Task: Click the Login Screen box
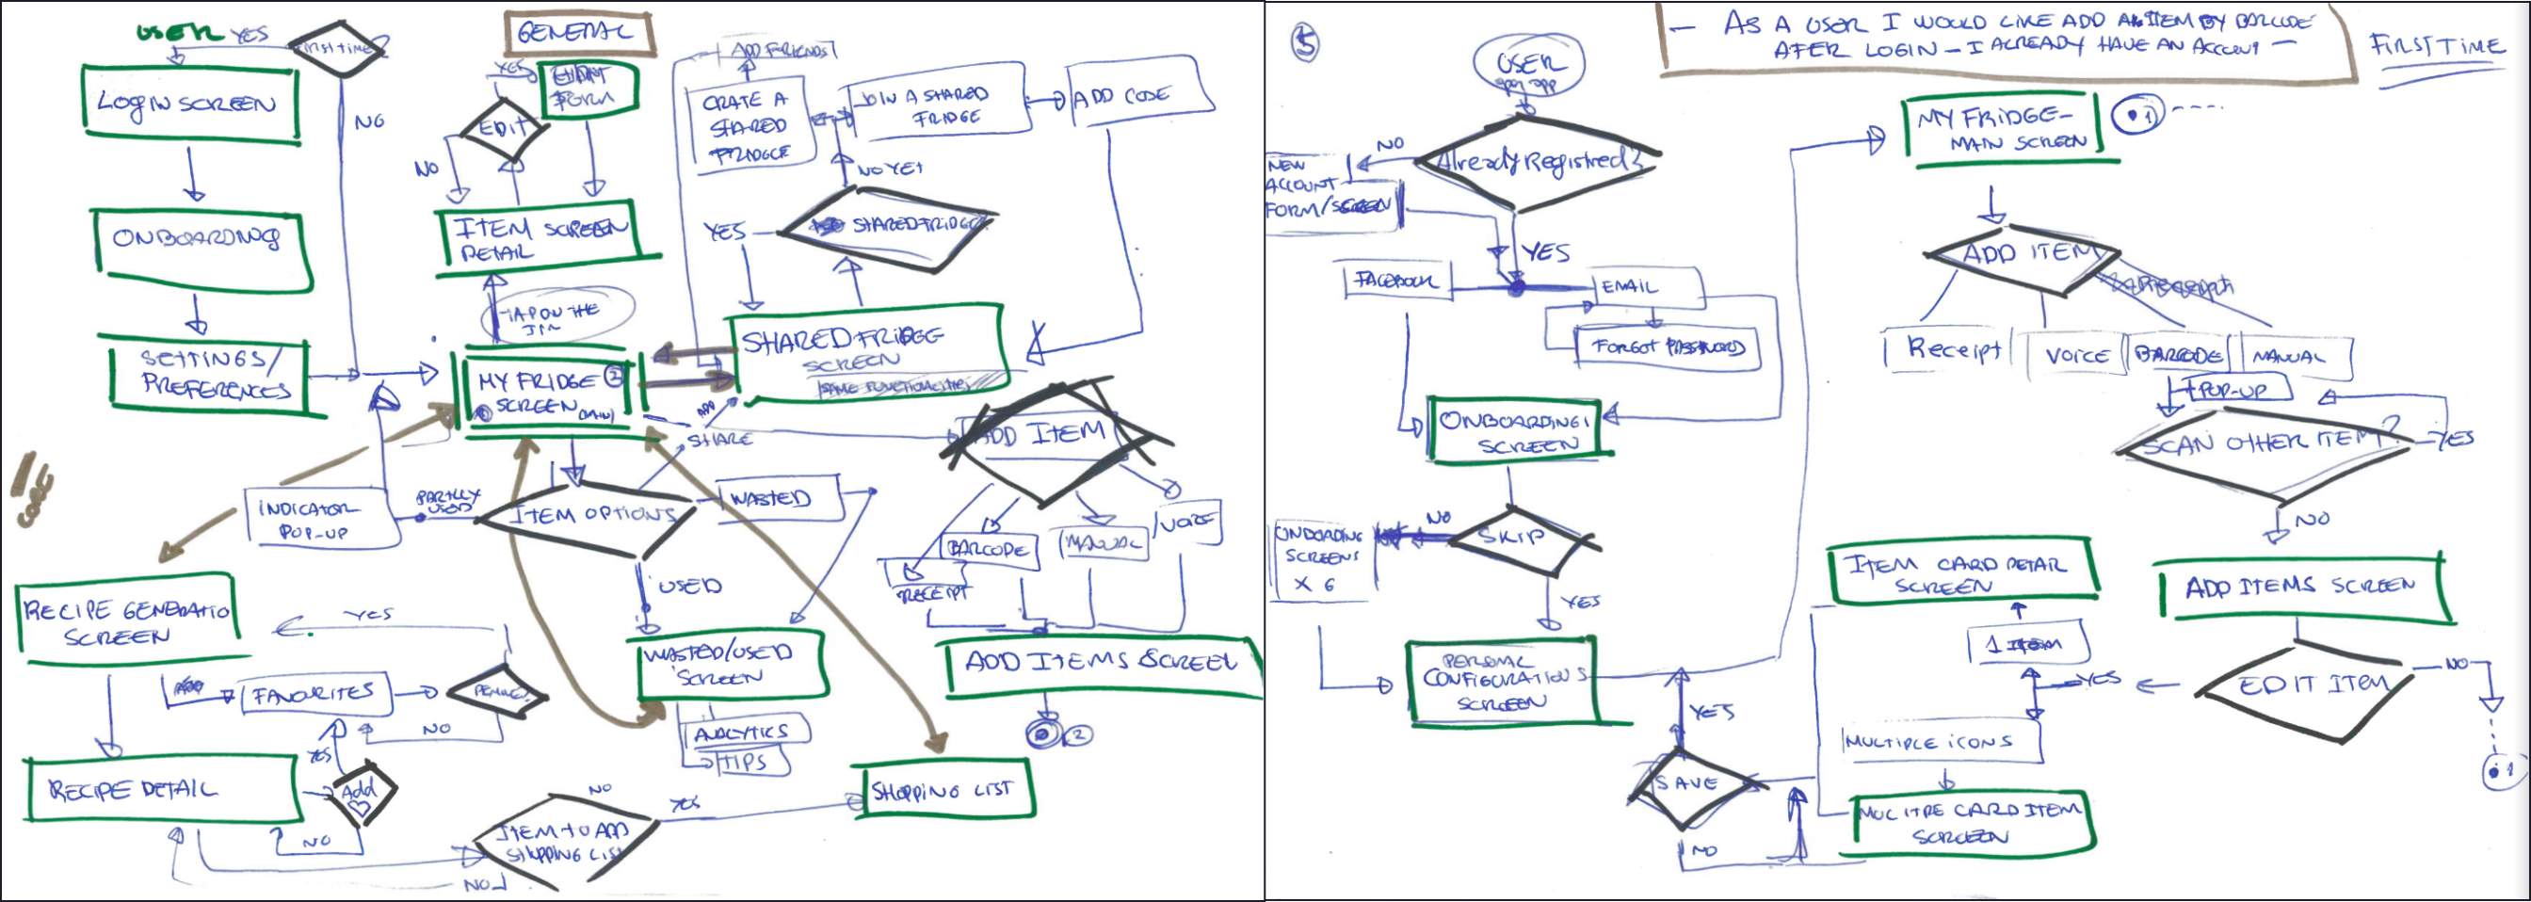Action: click(x=188, y=105)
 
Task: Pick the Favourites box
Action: click(x=314, y=695)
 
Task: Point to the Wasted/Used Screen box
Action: click(x=728, y=664)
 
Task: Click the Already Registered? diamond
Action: click(x=1538, y=163)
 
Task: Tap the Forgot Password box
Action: click(x=1667, y=346)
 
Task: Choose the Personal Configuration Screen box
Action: click(x=1500, y=680)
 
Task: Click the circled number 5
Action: click(x=1306, y=42)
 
